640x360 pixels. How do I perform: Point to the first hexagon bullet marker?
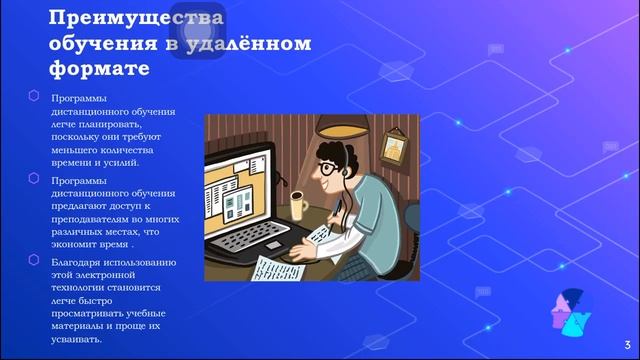(34, 95)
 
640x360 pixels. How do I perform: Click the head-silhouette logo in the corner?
(572, 311)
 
